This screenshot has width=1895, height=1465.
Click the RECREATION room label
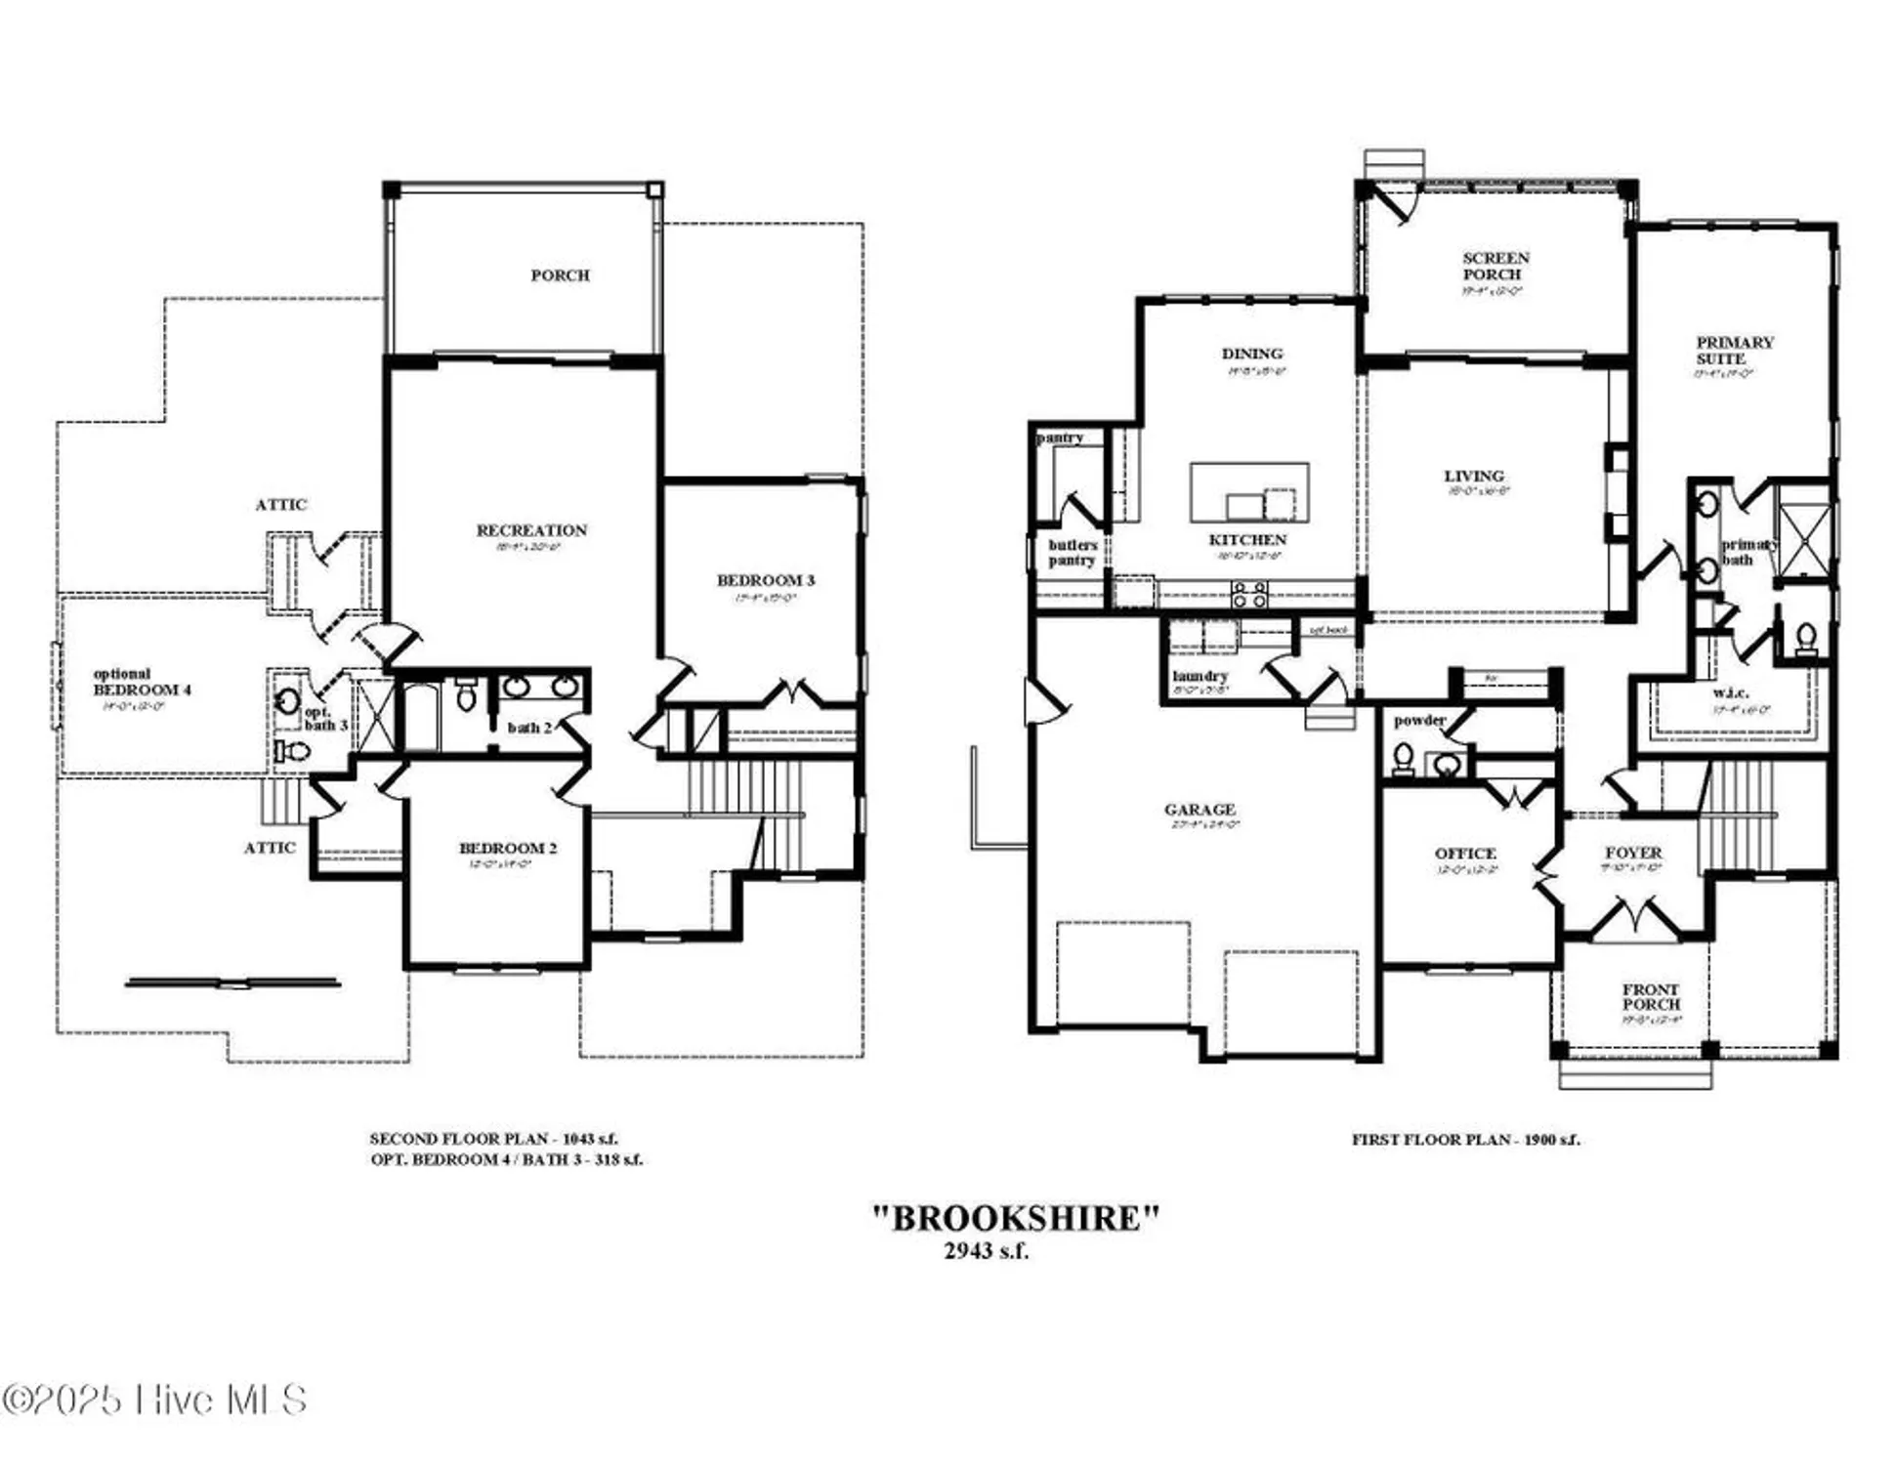coord(531,530)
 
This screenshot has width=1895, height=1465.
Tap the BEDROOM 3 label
coord(765,580)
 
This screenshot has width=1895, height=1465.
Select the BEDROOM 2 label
coord(508,848)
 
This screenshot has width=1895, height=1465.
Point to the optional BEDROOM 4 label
coord(142,682)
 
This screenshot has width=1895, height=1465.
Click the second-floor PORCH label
coord(560,275)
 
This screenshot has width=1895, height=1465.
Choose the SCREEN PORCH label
coord(1495,266)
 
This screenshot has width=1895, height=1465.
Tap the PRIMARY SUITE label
coord(1734,350)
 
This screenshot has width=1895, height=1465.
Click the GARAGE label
coord(1200,809)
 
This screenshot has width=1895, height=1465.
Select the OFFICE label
coord(1465,853)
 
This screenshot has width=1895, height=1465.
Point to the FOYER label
coord(1633,853)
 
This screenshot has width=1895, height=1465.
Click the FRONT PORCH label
coord(1651,996)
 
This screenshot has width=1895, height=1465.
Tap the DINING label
coord(1251,354)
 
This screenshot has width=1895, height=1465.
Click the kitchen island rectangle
coord(1248,491)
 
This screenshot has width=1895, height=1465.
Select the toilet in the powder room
coord(1403,759)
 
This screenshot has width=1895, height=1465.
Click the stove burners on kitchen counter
coord(1249,594)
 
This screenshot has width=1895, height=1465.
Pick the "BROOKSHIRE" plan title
coord(1015,1218)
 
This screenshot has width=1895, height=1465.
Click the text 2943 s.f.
coord(986,1251)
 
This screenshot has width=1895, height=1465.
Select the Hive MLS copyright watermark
coord(154,1400)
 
